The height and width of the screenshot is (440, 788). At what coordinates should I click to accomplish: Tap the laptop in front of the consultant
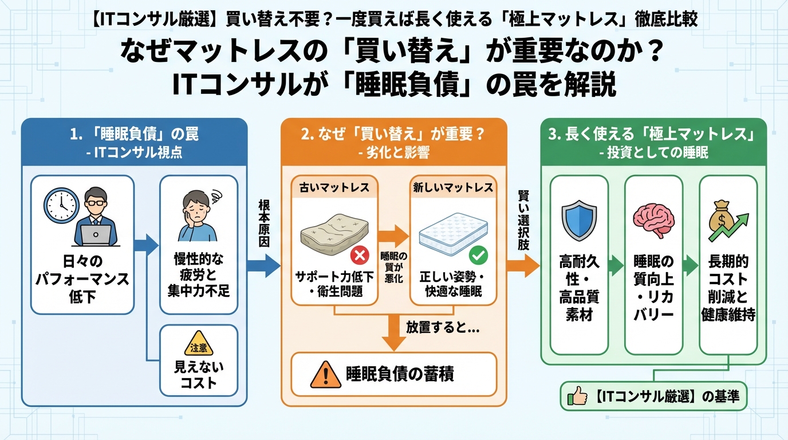point(96,234)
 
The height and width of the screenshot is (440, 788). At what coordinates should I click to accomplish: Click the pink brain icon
point(653,218)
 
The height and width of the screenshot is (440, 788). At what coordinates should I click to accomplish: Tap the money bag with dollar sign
point(722,218)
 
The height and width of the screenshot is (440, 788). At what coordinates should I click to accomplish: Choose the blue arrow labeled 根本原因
point(263,265)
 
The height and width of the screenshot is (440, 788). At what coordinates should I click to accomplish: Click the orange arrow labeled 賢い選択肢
point(523,265)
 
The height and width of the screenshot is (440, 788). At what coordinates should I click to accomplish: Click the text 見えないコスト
point(199,375)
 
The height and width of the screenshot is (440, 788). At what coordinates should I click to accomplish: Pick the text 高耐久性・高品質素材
point(578,288)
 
